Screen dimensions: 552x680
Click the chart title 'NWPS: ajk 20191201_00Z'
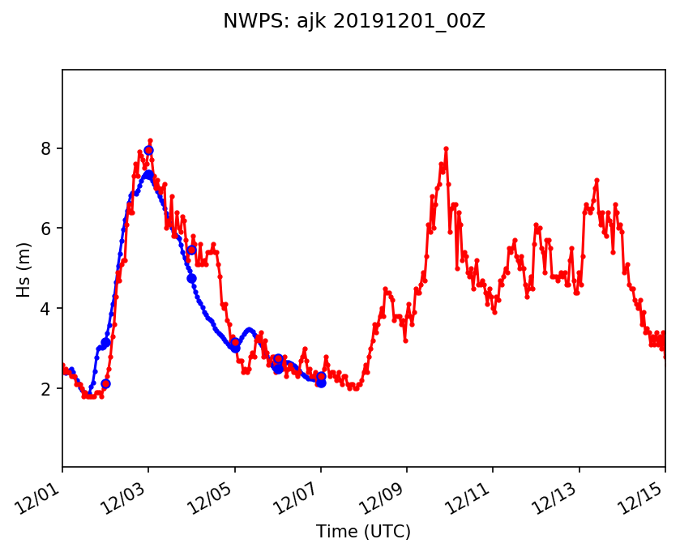click(x=354, y=22)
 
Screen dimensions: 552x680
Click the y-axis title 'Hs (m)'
click(x=25, y=268)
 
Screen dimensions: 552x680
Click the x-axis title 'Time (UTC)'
click(x=363, y=532)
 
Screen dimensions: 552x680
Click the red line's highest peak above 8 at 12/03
click(x=150, y=140)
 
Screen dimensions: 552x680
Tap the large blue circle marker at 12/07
click(x=321, y=382)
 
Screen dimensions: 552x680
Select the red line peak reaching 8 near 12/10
click(x=446, y=149)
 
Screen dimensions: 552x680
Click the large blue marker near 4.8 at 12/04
click(x=191, y=278)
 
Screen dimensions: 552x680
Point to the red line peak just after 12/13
click(x=597, y=180)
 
